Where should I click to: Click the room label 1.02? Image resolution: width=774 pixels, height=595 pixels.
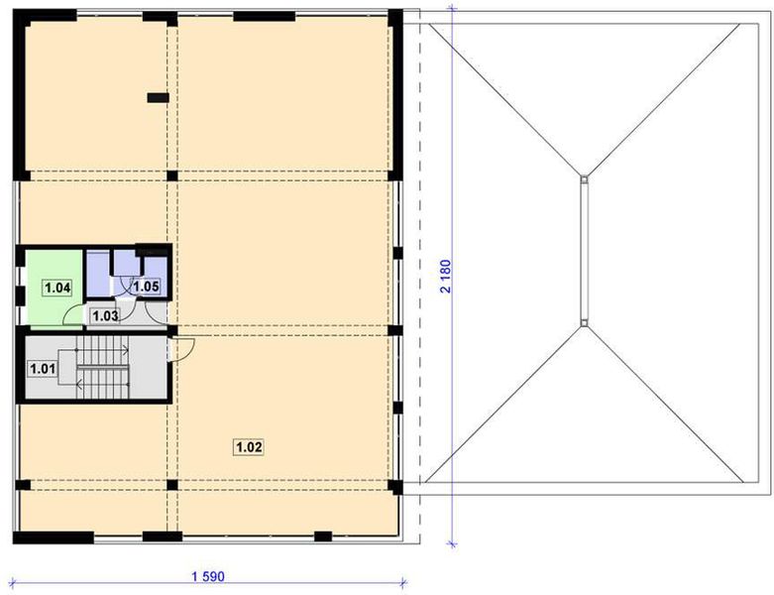pos(248,447)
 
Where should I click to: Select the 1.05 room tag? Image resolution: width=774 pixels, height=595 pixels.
pos(146,287)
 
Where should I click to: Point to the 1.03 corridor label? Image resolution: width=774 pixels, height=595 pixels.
pos(105,316)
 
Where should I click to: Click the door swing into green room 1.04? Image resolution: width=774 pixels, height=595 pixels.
pos(72,316)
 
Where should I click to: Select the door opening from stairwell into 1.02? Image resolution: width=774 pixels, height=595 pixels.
pos(183,348)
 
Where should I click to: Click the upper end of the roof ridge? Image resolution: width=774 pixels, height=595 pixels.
pos(585,179)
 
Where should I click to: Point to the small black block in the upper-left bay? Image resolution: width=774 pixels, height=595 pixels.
pos(157,97)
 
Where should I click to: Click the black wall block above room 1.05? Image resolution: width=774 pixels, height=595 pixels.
pos(154,249)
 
